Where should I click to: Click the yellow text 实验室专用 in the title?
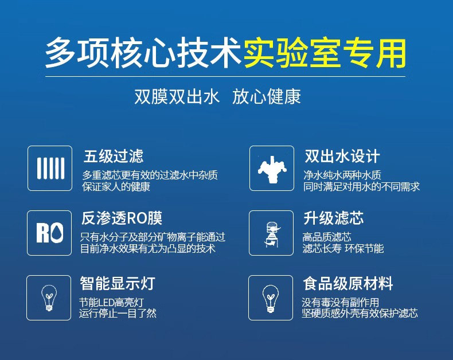click(x=325, y=53)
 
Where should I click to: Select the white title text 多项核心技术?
click(x=143, y=53)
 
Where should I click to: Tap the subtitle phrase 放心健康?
click(x=267, y=96)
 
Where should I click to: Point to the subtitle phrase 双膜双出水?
click(x=177, y=96)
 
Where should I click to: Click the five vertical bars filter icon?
click(x=50, y=168)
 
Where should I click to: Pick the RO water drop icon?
click(x=50, y=233)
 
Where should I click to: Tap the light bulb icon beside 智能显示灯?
click(x=49, y=298)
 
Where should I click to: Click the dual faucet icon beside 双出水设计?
click(x=272, y=169)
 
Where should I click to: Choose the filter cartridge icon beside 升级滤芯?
click(x=272, y=234)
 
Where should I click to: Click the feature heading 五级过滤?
click(x=114, y=156)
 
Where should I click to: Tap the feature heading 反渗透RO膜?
click(x=122, y=218)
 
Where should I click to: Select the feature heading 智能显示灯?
click(x=118, y=283)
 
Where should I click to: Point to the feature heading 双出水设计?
click(x=342, y=156)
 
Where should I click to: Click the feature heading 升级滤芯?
click(x=333, y=218)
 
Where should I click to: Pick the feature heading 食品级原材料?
click(x=348, y=283)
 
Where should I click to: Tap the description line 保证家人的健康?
click(x=116, y=187)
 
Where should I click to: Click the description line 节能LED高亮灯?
click(x=111, y=303)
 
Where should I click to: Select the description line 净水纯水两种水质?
click(x=342, y=175)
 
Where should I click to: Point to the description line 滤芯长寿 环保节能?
click(x=343, y=248)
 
